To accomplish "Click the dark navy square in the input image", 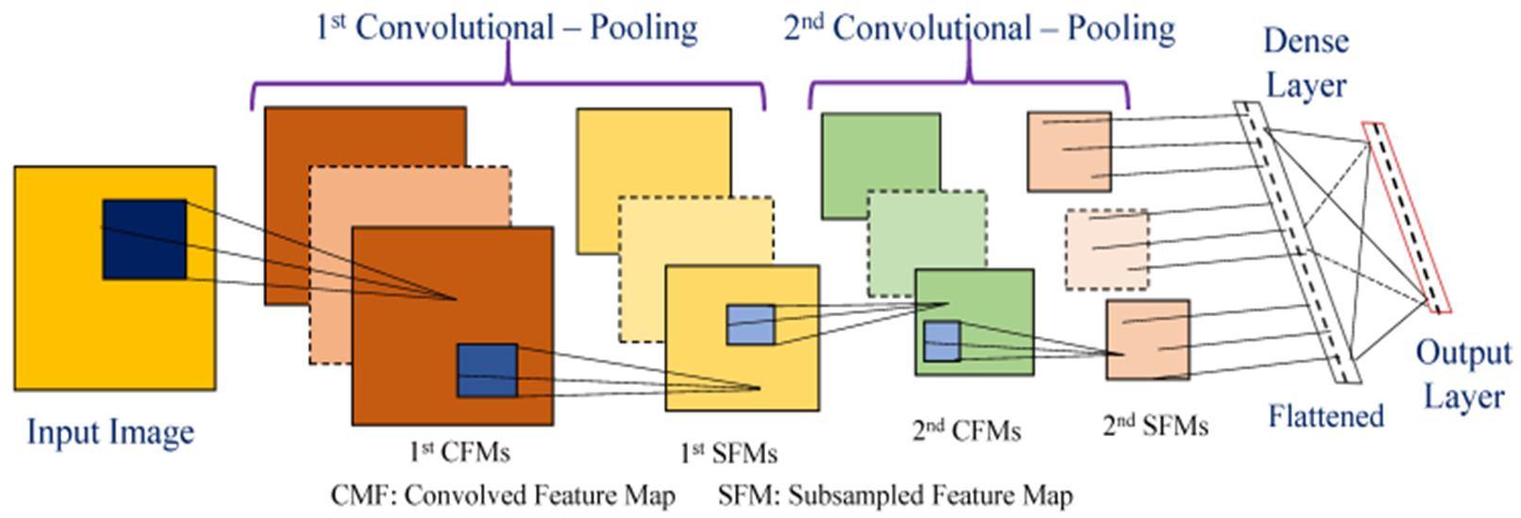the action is pyautogui.click(x=144, y=239).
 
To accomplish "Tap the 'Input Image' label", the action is pyautogui.click(x=110, y=433).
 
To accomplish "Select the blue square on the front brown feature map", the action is pyautogui.click(x=488, y=371).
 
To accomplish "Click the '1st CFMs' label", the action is pyautogui.click(x=460, y=452).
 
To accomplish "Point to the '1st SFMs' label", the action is pyautogui.click(x=728, y=453).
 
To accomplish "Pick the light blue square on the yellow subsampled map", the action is pyautogui.click(x=751, y=325).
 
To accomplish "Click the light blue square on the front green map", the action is pyautogui.click(x=943, y=341).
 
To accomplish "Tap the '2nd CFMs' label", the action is pyautogui.click(x=967, y=430).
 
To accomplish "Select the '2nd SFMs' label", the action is pyautogui.click(x=1156, y=426).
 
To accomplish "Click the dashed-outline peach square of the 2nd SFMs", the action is pyautogui.click(x=1108, y=250).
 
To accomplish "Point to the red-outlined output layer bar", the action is pyautogui.click(x=1407, y=217).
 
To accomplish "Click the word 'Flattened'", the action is pyautogui.click(x=1326, y=415).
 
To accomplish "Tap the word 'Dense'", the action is pyautogui.click(x=1307, y=42).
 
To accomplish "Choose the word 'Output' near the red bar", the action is pyautogui.click(x=1463, y=353).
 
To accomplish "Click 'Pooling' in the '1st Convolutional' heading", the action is pyautogui.click(x=643, y=28).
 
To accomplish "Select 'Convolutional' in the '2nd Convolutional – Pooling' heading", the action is pyautogui.click(x=932, y=28).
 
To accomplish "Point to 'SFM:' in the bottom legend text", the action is pyautogui.click(x=749, y=495).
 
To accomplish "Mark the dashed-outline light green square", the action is pyautogui.click(x=928, y=243).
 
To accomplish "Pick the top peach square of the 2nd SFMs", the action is pyautogui.click(x=1069, y=151).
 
